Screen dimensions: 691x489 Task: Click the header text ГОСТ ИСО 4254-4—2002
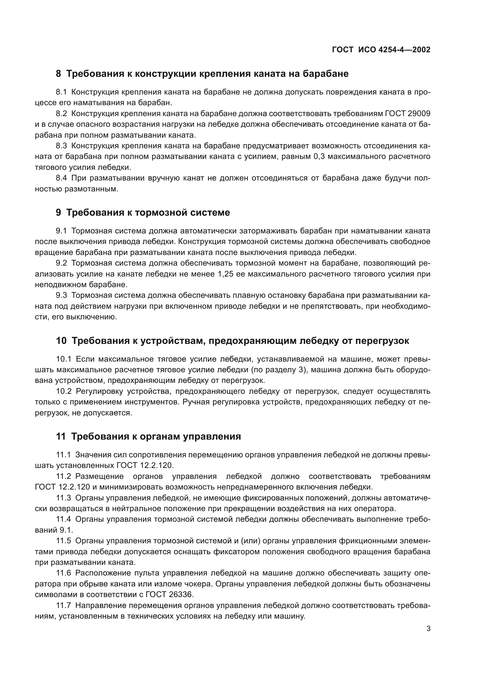click(381, 50)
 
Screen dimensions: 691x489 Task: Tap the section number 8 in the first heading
click(59, 74)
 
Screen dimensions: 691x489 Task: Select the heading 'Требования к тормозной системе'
click(148, 212)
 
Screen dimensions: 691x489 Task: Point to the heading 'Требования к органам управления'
click(156, 436)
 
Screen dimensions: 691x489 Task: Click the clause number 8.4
click(61, 178)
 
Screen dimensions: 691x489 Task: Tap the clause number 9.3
click(61, 295)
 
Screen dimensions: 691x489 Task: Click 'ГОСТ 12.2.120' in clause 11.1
click(144, 465)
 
